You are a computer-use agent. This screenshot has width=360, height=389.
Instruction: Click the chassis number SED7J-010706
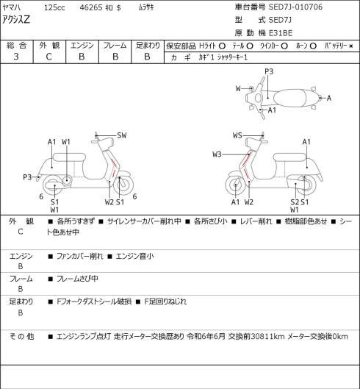coord(295,7)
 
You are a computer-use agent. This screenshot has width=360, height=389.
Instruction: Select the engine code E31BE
coord(281,33)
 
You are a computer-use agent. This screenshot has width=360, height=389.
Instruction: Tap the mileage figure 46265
coord(91,7)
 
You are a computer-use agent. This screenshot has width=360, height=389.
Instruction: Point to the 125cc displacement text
coord(54,7)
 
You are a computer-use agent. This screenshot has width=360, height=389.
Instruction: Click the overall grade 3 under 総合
coord(16,57)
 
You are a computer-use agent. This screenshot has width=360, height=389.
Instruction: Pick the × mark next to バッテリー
coord(350,46)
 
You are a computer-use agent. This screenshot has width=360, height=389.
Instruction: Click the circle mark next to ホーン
coord(313,46)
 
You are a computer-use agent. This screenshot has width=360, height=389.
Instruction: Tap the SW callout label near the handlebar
coord(122,135)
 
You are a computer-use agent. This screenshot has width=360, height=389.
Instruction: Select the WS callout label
coord(237,135)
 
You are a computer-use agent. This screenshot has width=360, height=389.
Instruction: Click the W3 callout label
coord(217,154)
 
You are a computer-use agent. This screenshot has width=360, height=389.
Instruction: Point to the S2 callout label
coord(295,202)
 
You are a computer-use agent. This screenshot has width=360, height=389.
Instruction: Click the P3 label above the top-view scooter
coord(269,72)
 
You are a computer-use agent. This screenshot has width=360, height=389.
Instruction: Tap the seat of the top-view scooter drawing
coord(289,98)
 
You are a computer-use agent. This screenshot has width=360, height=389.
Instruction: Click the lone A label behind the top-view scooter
coord(329,99)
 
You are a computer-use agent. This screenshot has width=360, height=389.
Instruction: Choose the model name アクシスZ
coord(16,20)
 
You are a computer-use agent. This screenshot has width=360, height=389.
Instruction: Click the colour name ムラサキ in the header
coord(146,7)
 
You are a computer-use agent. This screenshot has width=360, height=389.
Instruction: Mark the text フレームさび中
coord(77,279)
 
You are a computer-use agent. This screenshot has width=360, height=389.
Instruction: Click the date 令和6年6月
coord(206,337)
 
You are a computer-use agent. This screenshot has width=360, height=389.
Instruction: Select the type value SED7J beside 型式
coord(280,20)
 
